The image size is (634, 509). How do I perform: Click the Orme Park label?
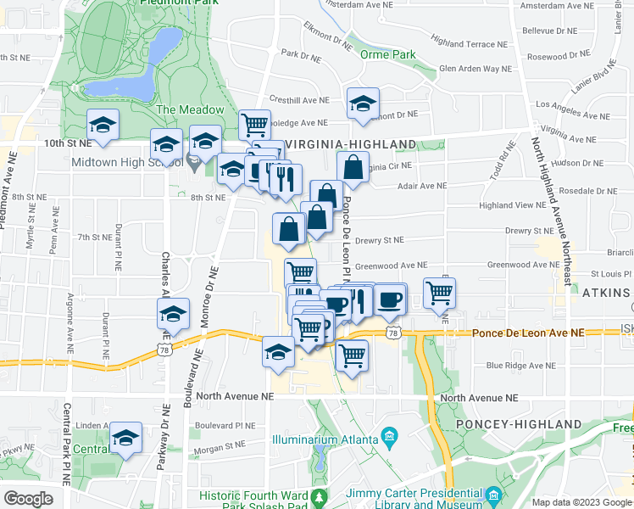[387, 54]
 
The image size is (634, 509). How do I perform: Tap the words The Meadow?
[190, 109]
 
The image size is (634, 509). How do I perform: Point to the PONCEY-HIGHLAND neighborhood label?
[519, 424]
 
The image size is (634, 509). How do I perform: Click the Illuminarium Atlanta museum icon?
[389, 438]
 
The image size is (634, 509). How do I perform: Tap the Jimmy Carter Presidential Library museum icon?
[494, 494]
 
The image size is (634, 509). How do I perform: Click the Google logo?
[28, 498]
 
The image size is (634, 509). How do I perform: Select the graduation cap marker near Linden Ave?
[125, 438]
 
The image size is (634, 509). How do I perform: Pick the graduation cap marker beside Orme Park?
[363, 103]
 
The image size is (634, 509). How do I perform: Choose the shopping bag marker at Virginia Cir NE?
[353, 166]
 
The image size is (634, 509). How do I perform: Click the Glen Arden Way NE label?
[475, 69]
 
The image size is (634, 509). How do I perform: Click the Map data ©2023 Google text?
[581, 501]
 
